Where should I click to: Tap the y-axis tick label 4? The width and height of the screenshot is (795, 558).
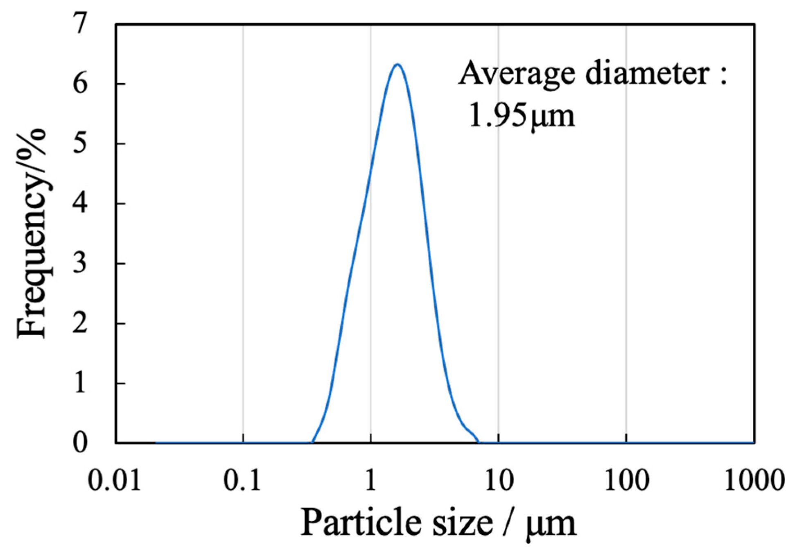point(80,203)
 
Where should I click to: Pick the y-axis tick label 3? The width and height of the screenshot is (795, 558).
point(80,263)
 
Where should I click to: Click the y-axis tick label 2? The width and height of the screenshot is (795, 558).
point(80,323)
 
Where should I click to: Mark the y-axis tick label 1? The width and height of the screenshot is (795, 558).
point(80,383)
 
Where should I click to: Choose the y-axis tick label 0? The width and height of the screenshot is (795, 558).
point(80,443)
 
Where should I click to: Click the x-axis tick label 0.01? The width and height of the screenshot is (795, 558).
point(115,480)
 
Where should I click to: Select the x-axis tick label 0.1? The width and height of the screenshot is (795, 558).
point(242,480)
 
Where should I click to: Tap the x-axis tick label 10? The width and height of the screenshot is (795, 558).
point(499,480)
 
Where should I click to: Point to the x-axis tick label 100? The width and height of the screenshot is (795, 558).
point(626,480)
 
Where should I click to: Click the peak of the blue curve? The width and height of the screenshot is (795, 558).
point(397,64)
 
